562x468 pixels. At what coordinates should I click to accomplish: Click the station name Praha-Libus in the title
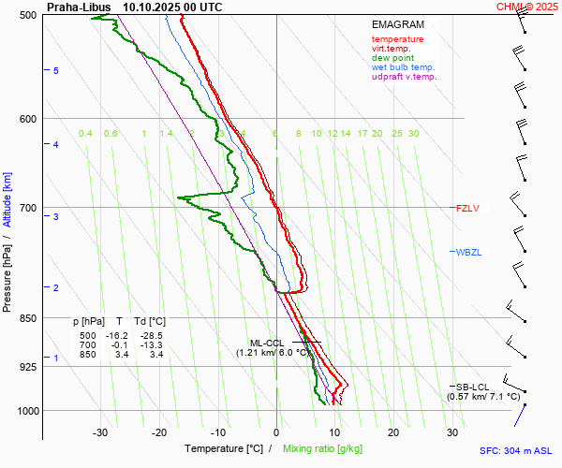(79, 7)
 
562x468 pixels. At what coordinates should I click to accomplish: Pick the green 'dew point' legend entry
(393, 58)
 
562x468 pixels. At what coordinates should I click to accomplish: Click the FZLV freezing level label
(466, 208)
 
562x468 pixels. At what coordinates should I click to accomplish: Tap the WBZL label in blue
(468, 252)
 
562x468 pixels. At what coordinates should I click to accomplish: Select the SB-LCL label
(474, 387)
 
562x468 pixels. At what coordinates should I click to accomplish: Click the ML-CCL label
(267, 343)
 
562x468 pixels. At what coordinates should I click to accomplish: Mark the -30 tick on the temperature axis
(100, 432)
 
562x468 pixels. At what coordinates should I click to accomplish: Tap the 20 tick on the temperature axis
(393, 432)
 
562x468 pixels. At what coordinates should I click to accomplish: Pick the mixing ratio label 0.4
(85, 134)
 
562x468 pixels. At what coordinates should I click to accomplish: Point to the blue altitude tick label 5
(56, 71)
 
